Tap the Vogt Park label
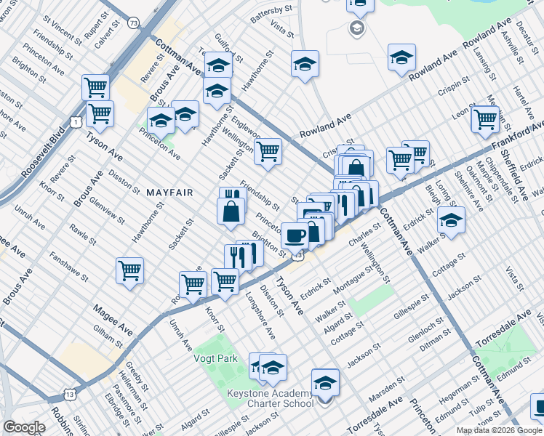click(x=216, y=358)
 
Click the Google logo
click(x=25, y=427)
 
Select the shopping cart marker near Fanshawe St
click(x=129, y=270)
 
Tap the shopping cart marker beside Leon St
click(x=485, y=118)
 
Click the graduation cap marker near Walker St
click(x=451, y=220)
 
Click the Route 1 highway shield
click(x=76, y=122)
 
